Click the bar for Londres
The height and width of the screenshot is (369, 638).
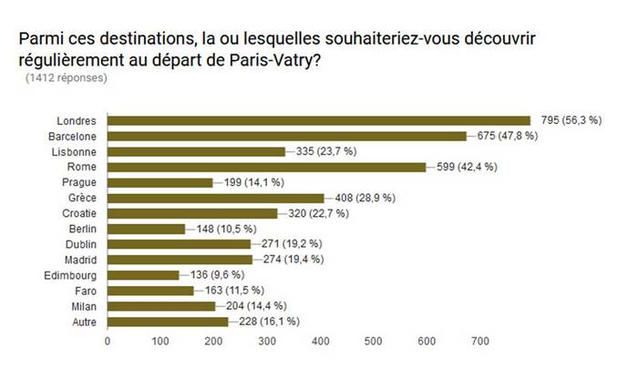(319, 120)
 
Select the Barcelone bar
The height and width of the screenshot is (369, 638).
(287, 136)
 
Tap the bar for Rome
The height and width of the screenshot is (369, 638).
(267, 167)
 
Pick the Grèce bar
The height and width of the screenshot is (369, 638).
(216, 198)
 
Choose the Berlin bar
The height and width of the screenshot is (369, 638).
(147, 229)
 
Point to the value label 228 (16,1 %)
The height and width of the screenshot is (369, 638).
(267, 322)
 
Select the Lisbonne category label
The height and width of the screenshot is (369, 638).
(77, 151)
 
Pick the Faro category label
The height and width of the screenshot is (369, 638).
(87, 291)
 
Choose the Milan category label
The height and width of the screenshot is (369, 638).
(85, 306)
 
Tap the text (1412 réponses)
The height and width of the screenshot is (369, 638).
(67, 79)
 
